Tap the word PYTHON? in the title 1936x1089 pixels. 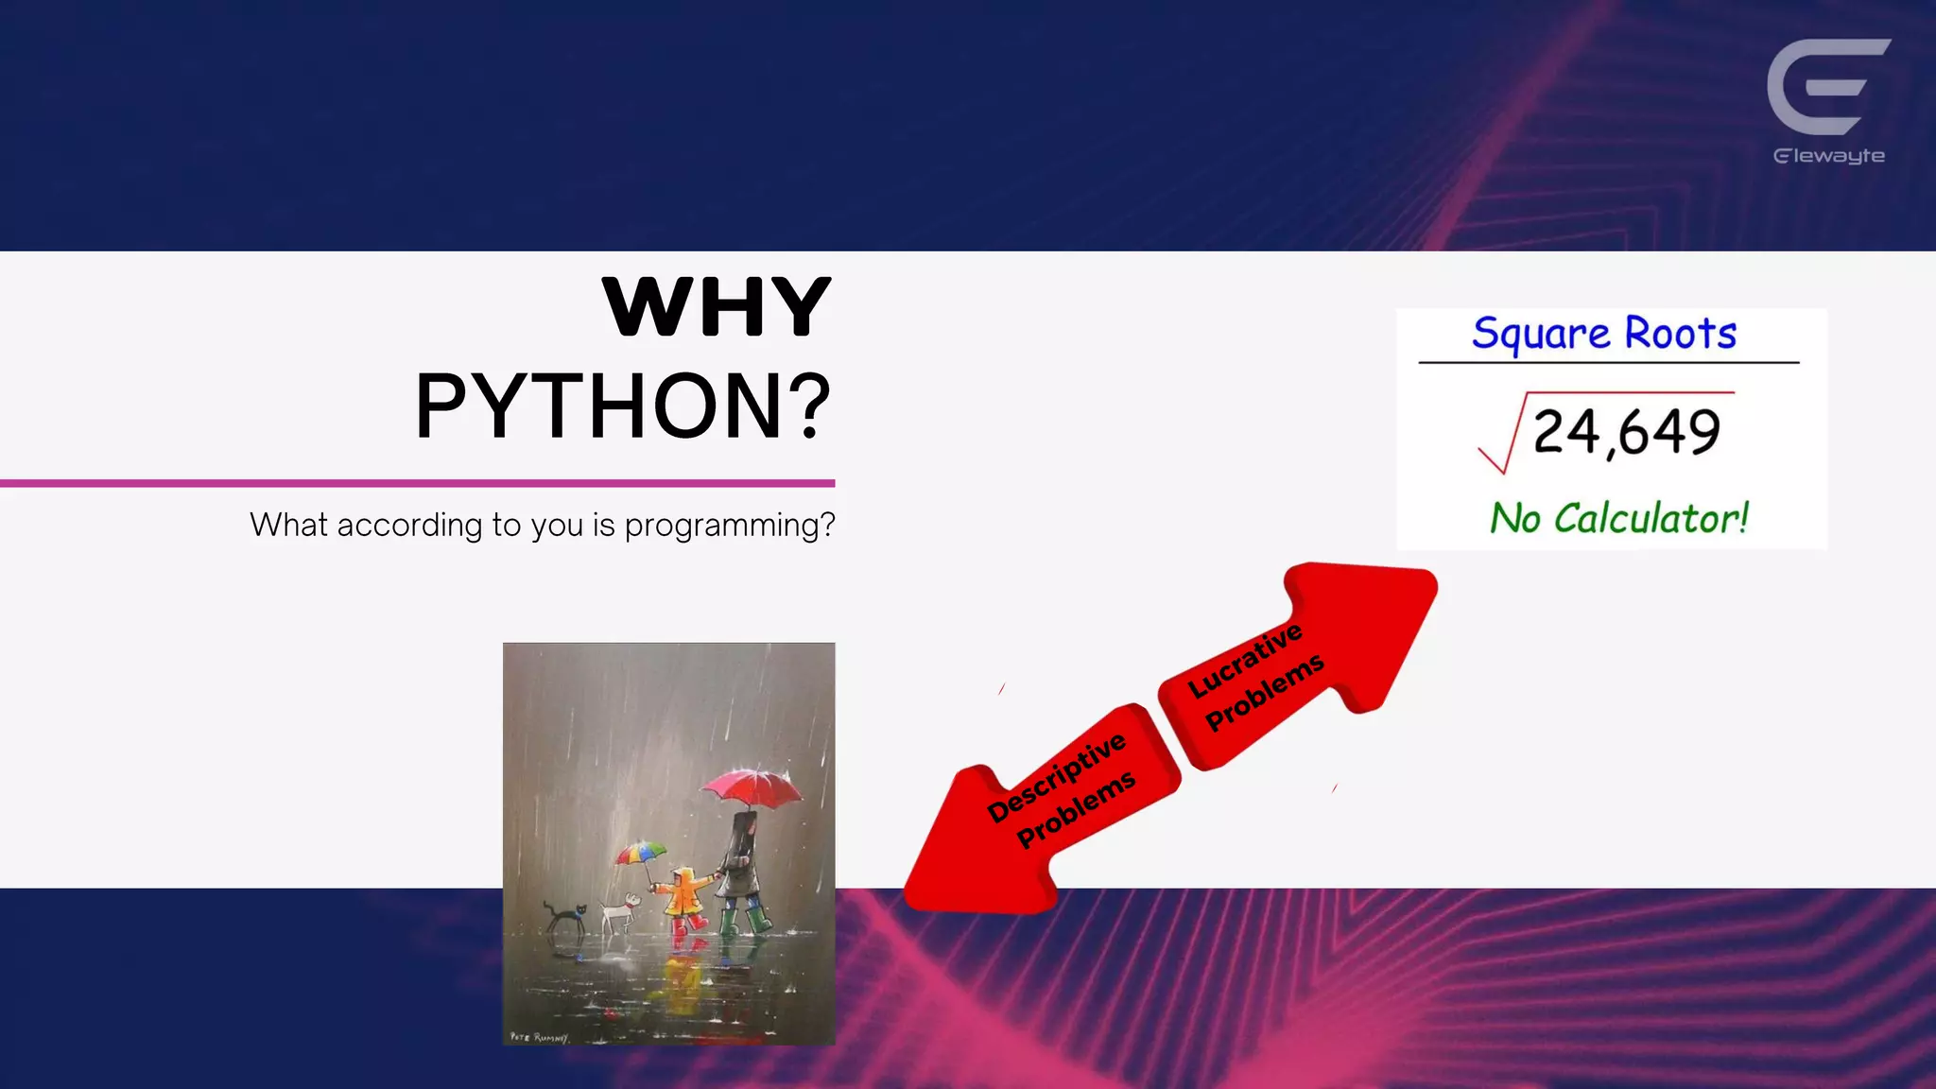pos(624,406)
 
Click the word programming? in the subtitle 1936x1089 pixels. pos(730,526)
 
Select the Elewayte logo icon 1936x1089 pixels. pos(1828,87)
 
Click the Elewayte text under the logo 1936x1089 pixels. pos(1829,156)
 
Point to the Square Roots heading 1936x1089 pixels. pos(1604,333)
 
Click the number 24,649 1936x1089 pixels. pos(1626,432)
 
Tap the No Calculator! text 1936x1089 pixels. pos(1619,518)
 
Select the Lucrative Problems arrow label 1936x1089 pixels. pos(1255,676)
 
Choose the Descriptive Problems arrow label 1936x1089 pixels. pos(1061,790)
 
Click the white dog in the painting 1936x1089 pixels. pos(620,914)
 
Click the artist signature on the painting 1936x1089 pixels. pos(538,1037)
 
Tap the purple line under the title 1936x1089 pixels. pos(417,483)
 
